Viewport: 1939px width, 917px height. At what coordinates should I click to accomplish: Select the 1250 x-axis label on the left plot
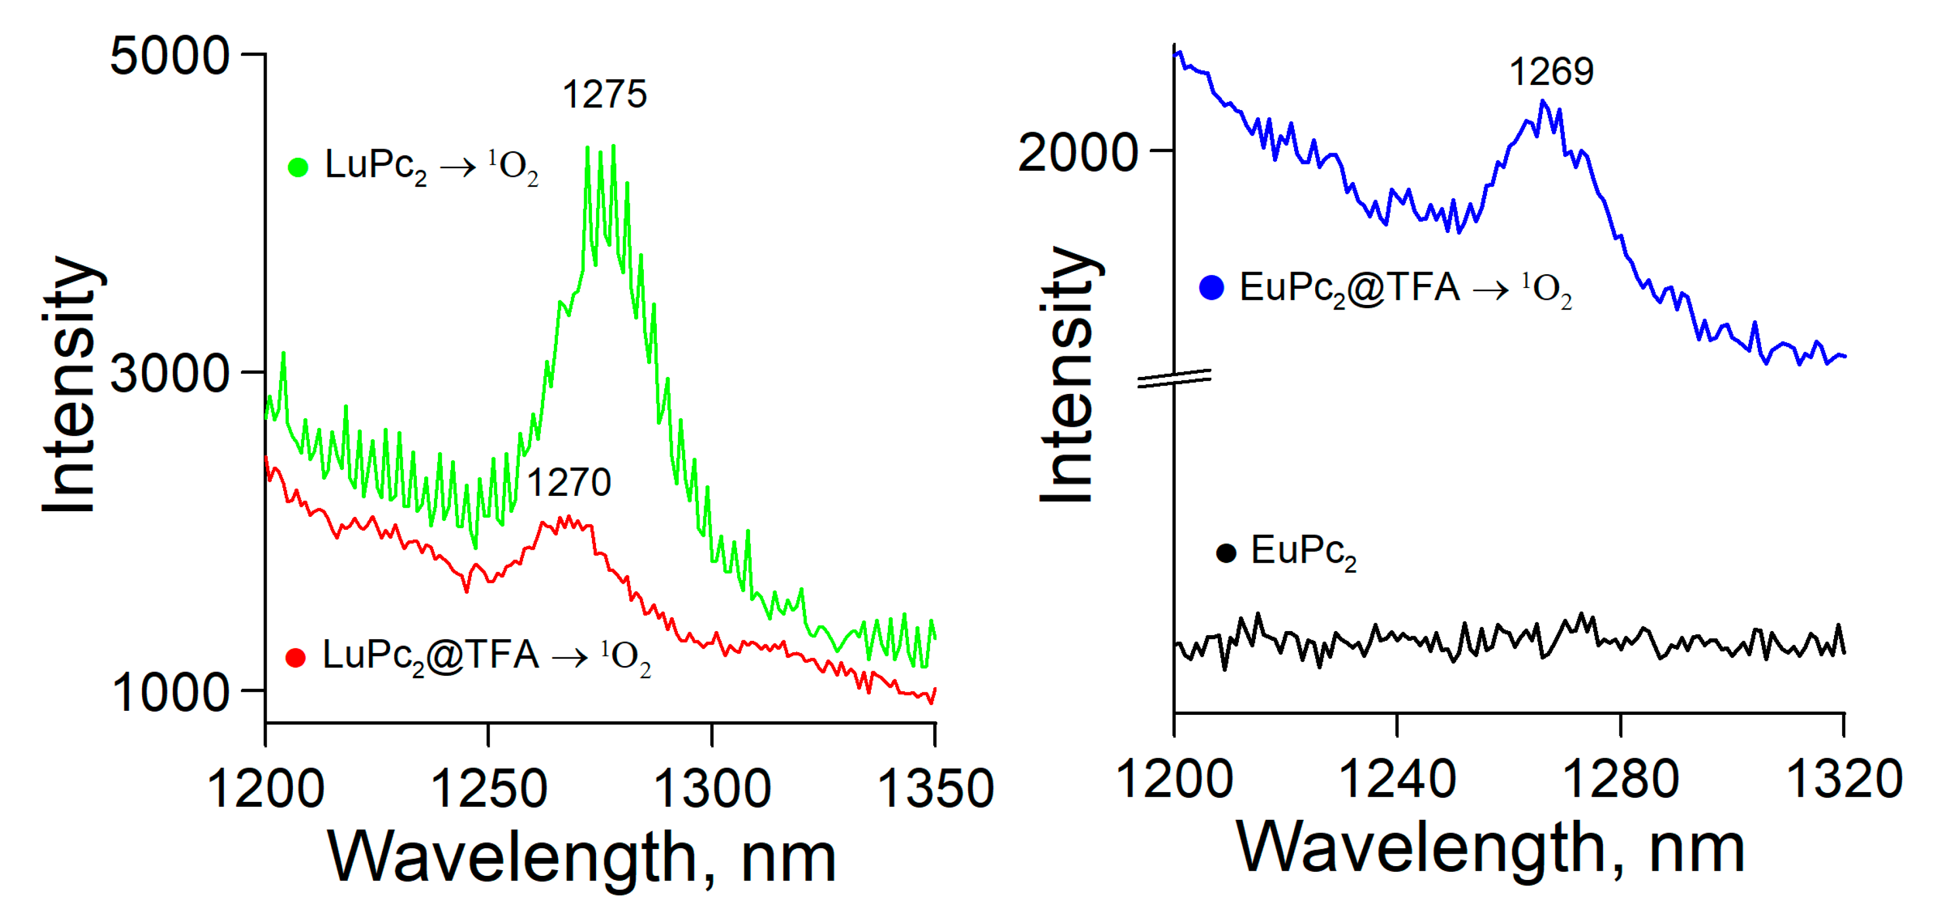[488, 788]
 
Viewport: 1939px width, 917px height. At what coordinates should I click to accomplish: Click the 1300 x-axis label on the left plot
[712, 788]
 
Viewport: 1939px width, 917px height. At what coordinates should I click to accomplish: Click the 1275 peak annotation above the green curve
[604, 95]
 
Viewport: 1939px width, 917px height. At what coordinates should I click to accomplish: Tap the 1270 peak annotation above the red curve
[568, 482]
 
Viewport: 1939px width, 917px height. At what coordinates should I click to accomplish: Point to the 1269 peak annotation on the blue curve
[1551, 71]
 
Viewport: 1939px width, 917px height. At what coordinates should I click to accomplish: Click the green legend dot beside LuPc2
[298, 167]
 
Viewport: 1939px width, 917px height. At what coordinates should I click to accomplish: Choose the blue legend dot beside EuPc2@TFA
[1212, 287]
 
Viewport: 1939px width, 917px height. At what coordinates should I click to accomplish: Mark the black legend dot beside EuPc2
[1226, 554]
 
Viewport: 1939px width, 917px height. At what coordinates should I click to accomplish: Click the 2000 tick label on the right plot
[1078, 153]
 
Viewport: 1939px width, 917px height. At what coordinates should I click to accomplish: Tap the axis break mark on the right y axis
[1174, 379]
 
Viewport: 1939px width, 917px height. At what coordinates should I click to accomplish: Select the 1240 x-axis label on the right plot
[1397, 779]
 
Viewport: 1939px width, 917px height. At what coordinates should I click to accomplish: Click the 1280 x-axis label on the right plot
[1620, 779]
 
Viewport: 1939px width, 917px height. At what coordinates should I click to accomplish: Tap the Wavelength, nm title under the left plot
[582, 857]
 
